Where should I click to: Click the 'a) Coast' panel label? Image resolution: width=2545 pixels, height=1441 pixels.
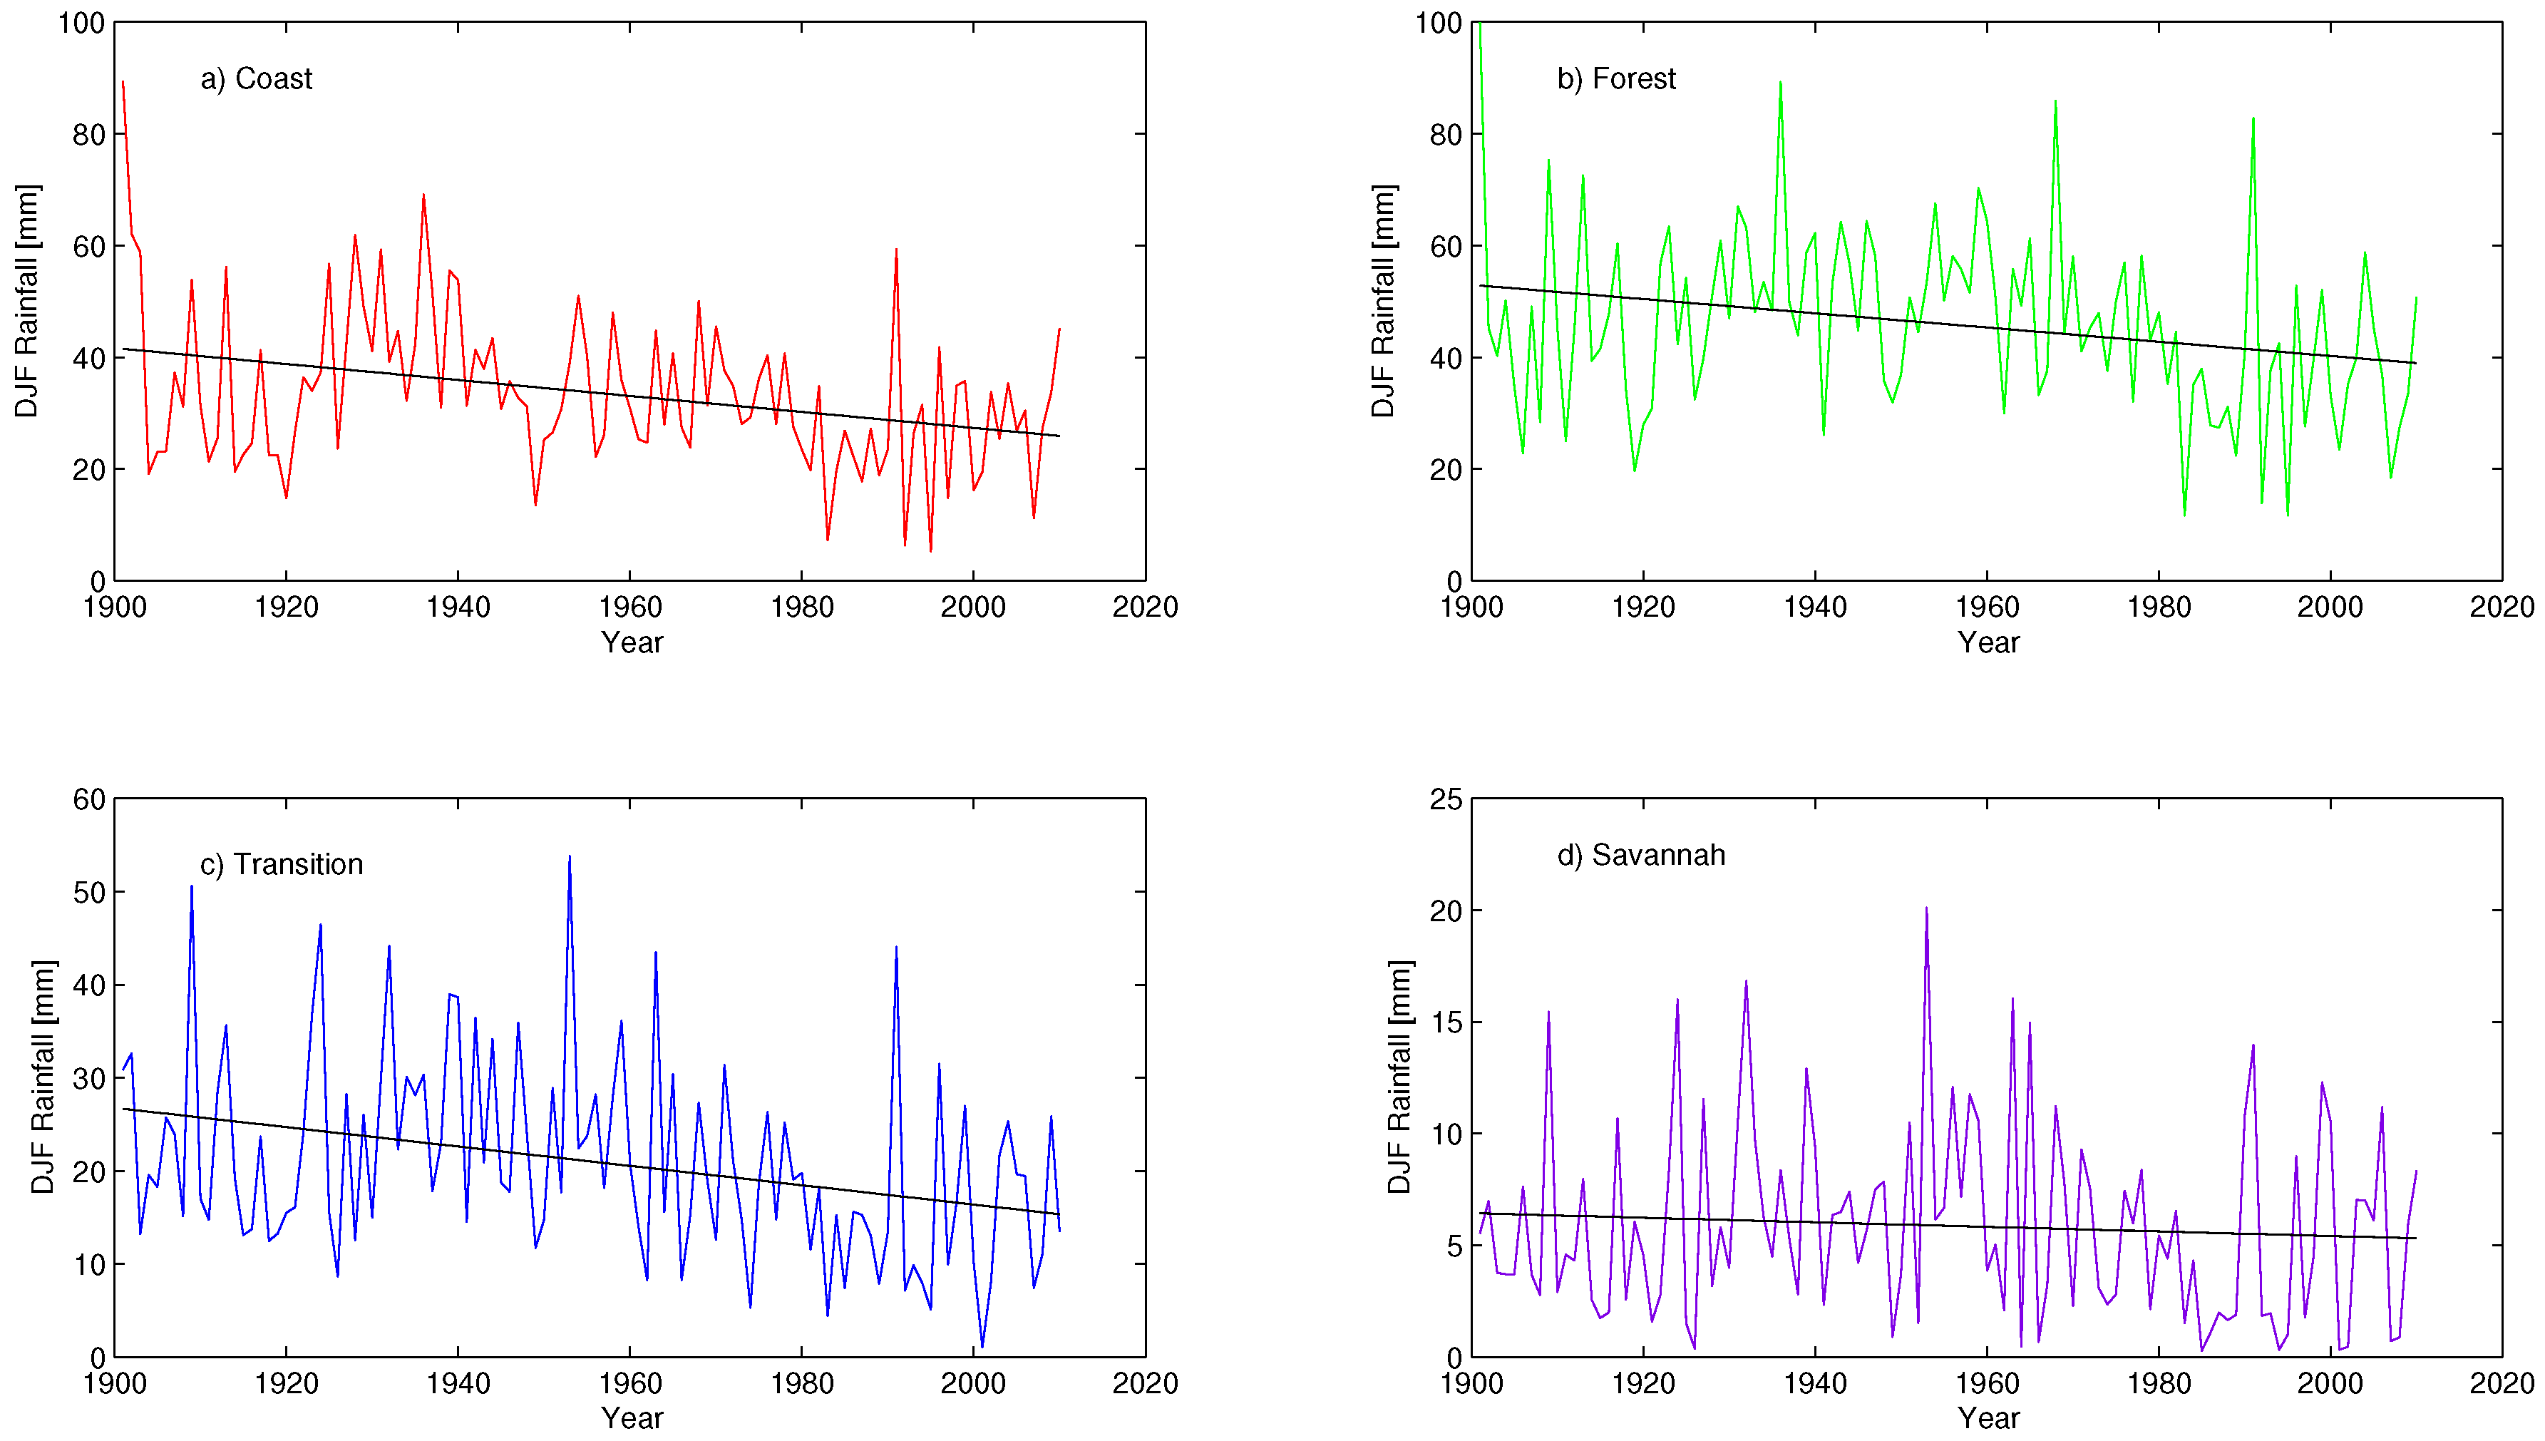(255, 79)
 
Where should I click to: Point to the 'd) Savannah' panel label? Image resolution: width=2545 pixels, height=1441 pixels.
(1640, 855)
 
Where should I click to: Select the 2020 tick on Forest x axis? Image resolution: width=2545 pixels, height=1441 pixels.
(2501, 607)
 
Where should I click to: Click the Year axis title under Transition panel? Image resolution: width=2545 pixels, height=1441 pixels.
(632, 1417)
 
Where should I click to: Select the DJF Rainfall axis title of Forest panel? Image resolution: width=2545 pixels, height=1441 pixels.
(1382, 301)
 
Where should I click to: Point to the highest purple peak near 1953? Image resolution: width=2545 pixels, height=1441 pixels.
(1926, 908)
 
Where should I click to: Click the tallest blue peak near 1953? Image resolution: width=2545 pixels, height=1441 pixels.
(569, 857)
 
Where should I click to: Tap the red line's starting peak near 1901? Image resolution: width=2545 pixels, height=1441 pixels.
(123, 82)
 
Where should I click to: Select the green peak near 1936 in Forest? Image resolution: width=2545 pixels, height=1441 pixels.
(1780, 83)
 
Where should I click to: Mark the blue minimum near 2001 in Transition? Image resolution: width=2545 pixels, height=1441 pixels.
(982, 1346)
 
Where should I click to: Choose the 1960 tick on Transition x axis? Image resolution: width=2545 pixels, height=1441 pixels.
(629, 1383)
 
